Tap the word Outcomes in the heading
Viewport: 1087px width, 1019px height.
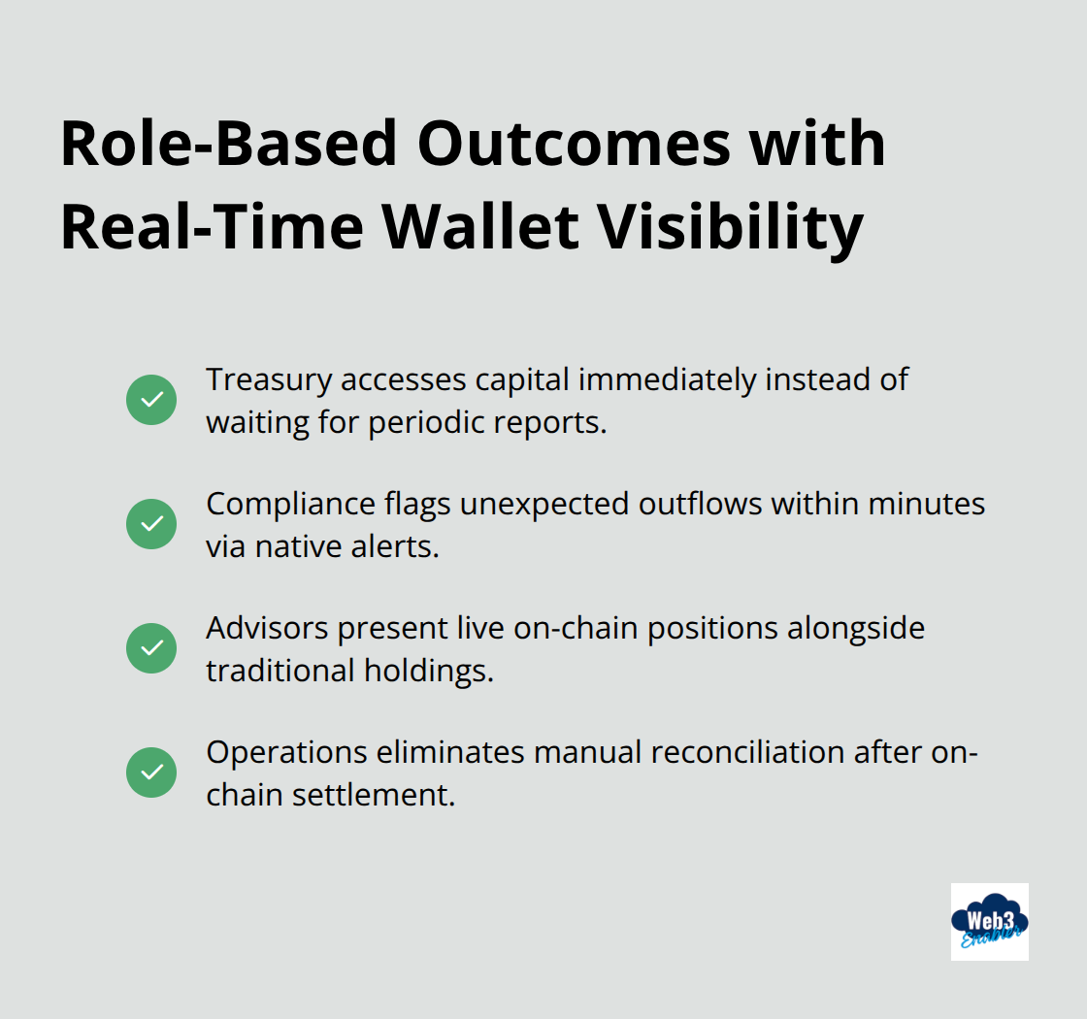pos(573,144)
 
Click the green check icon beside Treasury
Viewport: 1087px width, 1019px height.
pos(151,400)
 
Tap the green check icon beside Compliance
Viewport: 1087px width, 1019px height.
pos(151,524)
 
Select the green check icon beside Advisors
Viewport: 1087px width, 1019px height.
pos(151,648)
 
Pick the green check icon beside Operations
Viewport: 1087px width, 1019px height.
pos(151,772)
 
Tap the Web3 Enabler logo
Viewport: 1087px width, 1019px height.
pos(989,921)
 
